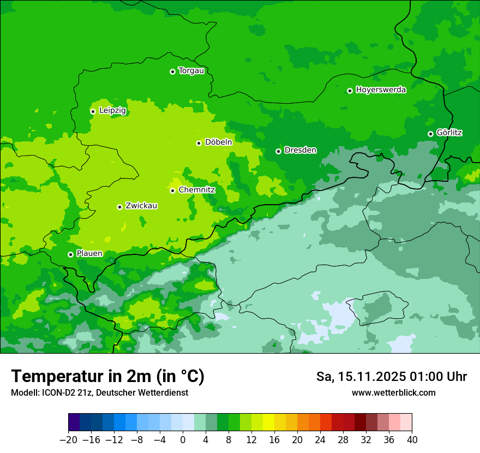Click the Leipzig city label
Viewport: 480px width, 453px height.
[112, 111]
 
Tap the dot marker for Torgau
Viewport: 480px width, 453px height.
[172, 71]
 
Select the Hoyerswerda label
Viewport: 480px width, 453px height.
[381, 90]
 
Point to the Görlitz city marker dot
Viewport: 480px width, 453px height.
[430, 134]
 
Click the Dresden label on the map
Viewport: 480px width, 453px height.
[300, 150]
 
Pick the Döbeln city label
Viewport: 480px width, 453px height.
[218, 142]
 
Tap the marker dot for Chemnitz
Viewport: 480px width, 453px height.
[172, 190]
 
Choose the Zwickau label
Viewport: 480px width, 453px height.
[141, 206]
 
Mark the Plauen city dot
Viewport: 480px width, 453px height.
[70, 254]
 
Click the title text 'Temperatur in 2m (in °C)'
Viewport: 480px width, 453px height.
[107, 377]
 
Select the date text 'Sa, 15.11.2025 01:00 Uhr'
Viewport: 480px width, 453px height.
[391, 377]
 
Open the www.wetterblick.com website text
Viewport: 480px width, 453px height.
[393, 392]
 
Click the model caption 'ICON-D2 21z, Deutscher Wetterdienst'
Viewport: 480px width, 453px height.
[99, 392]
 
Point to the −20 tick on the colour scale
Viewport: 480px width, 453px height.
[68, 440]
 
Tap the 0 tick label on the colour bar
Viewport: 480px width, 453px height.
[183, 440]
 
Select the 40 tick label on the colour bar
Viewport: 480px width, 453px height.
[412, 440]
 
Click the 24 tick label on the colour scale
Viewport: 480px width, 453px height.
[320, 440]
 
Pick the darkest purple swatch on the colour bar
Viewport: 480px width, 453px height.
[74, 422]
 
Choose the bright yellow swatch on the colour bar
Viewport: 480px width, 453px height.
[268, 422]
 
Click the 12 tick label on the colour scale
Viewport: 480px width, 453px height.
[251, 440]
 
